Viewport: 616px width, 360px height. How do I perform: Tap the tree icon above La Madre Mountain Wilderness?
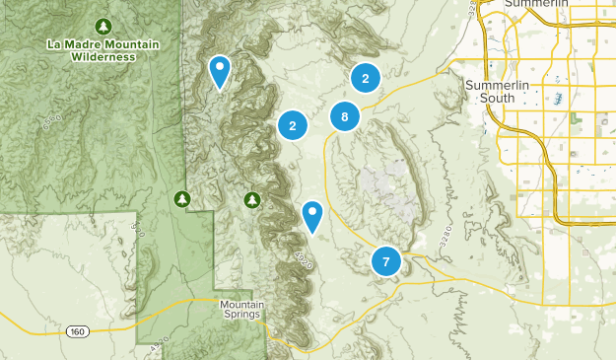(x=103, y=25)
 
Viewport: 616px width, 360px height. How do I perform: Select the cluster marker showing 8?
(x=344, y=116)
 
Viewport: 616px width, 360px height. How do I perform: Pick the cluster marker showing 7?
(x=385, y=261)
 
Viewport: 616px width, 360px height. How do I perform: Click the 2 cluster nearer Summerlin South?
(x=366, y=79)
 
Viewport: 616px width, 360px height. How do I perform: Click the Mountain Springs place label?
(x=241, y=309)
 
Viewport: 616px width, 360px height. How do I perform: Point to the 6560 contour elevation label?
(x=52, y=121)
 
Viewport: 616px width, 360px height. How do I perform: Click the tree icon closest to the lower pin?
(x=252, y=200)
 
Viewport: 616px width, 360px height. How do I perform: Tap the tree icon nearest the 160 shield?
(x=182, y=199)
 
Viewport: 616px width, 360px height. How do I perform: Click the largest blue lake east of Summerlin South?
(x=559, y=99)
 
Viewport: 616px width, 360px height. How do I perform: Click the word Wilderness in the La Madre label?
(x=103, y=57)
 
